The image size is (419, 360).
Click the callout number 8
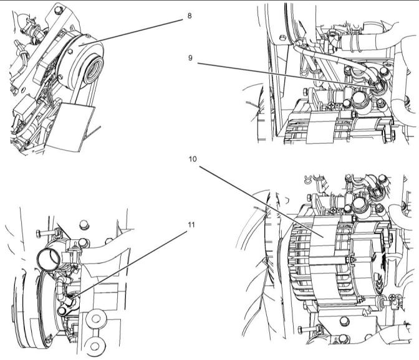click(190, 16)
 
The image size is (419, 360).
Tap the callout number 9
click(190, 58)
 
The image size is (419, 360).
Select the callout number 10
click(193, 159)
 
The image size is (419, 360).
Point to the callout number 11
click(191, 225)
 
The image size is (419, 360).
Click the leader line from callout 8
click(131, 32)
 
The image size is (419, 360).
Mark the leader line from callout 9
click(287, 75)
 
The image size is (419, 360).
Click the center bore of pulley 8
click(94, 70)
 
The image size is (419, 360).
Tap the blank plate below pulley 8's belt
click(70, 127)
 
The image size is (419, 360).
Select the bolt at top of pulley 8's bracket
click(59, 11)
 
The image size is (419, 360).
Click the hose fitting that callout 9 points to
click(377, 87)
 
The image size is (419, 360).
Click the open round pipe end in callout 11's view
click(49, 260)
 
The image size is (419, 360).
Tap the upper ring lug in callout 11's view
click(96, 319)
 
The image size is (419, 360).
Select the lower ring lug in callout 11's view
click(95, 346)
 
